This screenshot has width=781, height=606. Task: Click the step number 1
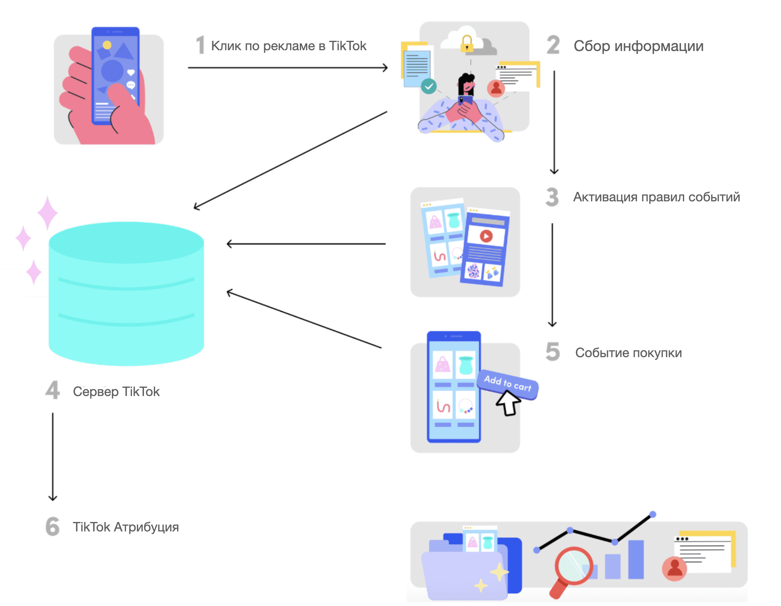(201, 45)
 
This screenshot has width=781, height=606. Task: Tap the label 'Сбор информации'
(638, 46)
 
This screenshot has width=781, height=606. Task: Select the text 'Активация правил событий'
(656, 197)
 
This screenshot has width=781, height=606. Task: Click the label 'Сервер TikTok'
(116, 392)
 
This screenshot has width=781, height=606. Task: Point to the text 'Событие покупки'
(628, 353)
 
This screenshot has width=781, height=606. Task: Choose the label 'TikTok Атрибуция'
(126, 527)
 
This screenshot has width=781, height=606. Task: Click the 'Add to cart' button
(507, 383)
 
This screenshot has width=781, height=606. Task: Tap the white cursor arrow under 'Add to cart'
(508, 403)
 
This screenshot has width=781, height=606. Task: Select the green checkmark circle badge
(429, 86)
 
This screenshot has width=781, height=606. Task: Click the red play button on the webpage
(486, 236)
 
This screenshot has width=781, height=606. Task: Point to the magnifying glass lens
(573, 565)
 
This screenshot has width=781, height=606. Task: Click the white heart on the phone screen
(131, 72)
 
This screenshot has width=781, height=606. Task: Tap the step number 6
(53, 526)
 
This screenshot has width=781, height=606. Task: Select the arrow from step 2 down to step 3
(554, 122)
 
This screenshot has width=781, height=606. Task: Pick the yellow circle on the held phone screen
(107, 45)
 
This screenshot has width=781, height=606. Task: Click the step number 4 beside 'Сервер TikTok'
(53, 390)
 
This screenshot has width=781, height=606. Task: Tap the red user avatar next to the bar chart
(674, 568)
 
